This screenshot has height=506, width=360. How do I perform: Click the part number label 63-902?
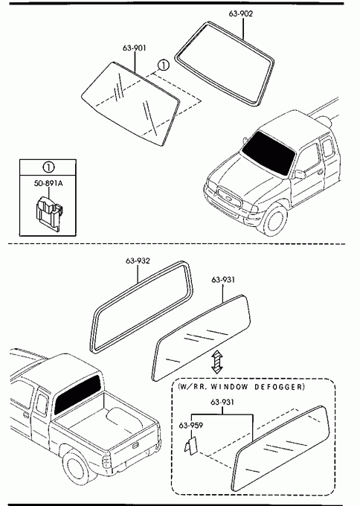[241, 13]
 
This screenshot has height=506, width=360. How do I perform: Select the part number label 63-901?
[134, 48]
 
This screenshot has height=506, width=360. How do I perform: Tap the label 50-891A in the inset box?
[48, 183]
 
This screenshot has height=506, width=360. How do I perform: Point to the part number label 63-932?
[138, 260]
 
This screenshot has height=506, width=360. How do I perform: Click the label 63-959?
[191, 426]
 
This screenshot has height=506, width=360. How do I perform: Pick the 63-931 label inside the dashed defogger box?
[222, 402]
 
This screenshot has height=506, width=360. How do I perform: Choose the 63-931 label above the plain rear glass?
[223, 280]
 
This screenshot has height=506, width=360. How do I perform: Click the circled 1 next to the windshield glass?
[163, 65]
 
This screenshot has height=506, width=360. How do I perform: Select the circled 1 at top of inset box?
[48, 167]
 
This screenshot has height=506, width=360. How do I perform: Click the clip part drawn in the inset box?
[48, 211]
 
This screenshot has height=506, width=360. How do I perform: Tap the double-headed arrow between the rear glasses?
[217, 362]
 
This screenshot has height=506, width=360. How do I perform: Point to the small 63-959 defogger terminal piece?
[190, 445]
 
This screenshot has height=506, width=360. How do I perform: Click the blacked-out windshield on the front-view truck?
[269, 153]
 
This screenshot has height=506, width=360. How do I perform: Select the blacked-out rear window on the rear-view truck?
[77, 394]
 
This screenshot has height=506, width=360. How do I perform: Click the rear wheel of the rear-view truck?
[77, 467]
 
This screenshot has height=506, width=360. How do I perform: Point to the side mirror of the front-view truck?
[300, 174]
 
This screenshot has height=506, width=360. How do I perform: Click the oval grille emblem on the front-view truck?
[228, 199]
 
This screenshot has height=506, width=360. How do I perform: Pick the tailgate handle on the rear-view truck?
[135, 446]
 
